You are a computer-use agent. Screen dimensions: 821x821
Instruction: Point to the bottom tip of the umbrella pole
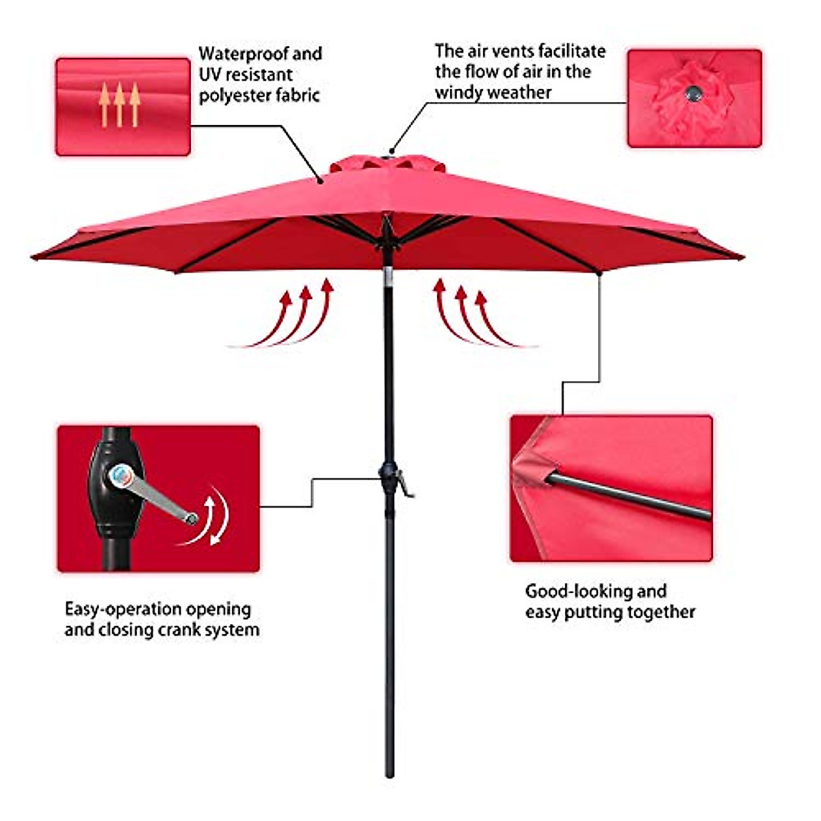click(x=389, y=774)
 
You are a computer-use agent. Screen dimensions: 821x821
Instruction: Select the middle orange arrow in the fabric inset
click(x=119, y=104)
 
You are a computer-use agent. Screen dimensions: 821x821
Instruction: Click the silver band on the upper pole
click(x=388, y=275)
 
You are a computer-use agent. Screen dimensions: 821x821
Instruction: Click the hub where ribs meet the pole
click(x=387, y=236)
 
